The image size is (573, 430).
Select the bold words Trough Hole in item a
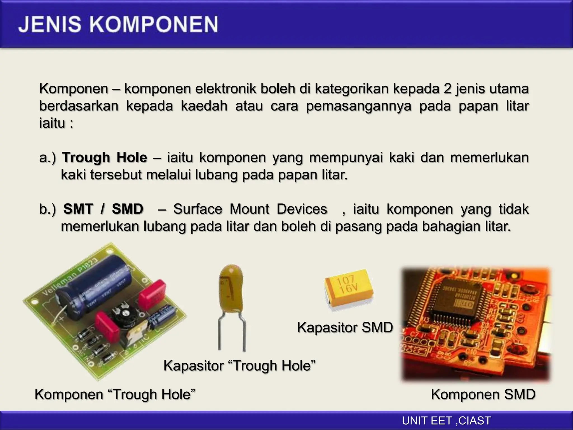click(x=104, y=157)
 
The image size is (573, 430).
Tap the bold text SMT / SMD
click(x=103, y=209)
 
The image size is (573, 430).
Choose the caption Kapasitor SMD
click(x=345, y=327)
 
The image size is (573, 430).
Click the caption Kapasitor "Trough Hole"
click(x=239, y=366)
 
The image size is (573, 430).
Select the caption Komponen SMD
click(x=483, y=394)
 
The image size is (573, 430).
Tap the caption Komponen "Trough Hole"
click(x=115, y=394)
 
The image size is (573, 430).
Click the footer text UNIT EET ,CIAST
click(x=446, y=421)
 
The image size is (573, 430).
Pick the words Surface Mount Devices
click(x=250, y=209)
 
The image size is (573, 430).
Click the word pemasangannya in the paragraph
click(x=359, y=106)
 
